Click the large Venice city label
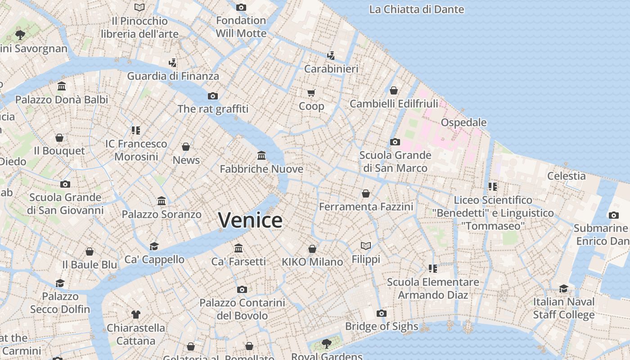click(x=250, y=220)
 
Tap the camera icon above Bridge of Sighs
click(x=382, y=313)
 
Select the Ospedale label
click(x=463, y=122)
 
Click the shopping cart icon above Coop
click(x=311, y=93)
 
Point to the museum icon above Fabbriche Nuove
click(x=261, y=156)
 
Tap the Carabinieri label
click(x=331, y=69)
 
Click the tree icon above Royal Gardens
click(x=327, y=344)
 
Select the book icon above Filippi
click(x=366, y=246)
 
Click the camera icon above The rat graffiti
click(x=213, y=96)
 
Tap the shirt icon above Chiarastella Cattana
click(x=136, y=314)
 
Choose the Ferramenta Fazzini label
click(x=366, y=207)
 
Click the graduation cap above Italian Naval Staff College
click(x=563, y=288)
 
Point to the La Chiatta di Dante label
click(x=416, y=9)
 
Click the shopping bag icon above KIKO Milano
click(x=312, y=249)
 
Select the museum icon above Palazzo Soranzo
click(x=162, y=201)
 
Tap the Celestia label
click(x=566, y=176)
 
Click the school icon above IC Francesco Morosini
click(x=136, y=130)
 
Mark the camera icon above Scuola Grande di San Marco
click(x=395, y=142)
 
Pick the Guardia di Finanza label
click(x=173, y=76)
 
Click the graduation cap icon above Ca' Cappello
click(x=154, y=246)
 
